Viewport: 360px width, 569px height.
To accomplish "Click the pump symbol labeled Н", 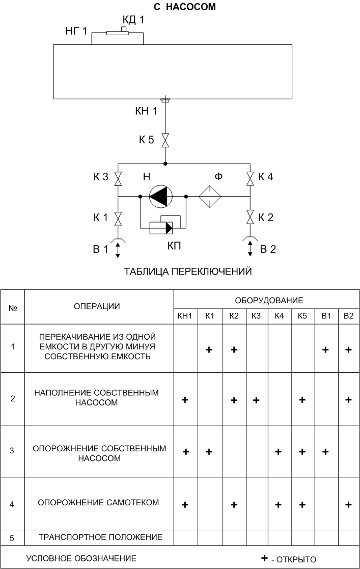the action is pyautogui.click(x=161, y=196).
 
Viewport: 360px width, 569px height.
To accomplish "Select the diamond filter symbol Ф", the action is pyautogui.click(x=210, y=196).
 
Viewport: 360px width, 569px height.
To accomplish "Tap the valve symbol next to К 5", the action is pyautogui.click(x=165, y=140).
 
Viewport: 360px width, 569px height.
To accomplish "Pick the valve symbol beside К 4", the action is pyautogui.click(x=250, y=178).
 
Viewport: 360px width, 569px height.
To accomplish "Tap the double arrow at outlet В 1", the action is pyautogui.click(x=118, y=251).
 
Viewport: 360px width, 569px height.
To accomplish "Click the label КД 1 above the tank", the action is pyautogui.click(x=133, y=20).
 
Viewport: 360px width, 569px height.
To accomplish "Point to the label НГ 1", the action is pyautogui.click(x=76, y=31).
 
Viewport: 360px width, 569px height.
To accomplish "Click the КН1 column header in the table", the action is pyautogui.click(x=185, y=316).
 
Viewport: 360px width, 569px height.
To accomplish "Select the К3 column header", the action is pyautogui.click(x=256, y=316).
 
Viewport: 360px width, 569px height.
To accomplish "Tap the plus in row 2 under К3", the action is pyautogui.click(x=256, y=400).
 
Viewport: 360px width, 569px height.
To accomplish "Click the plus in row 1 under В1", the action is pyautogui.click(x=325, y=350).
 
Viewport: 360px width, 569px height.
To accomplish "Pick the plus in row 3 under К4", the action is pyautogui.click(x=279, y=452).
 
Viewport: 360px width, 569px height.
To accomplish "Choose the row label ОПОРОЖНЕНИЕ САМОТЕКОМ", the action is pyautogui.click(x=98, y=503).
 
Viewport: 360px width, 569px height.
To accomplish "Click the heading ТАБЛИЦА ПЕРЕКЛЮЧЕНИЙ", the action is pyautogui.click(x=188, y=272).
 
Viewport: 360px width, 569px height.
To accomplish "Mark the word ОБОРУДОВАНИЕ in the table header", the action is pyautogui.click(x=269, y=301).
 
